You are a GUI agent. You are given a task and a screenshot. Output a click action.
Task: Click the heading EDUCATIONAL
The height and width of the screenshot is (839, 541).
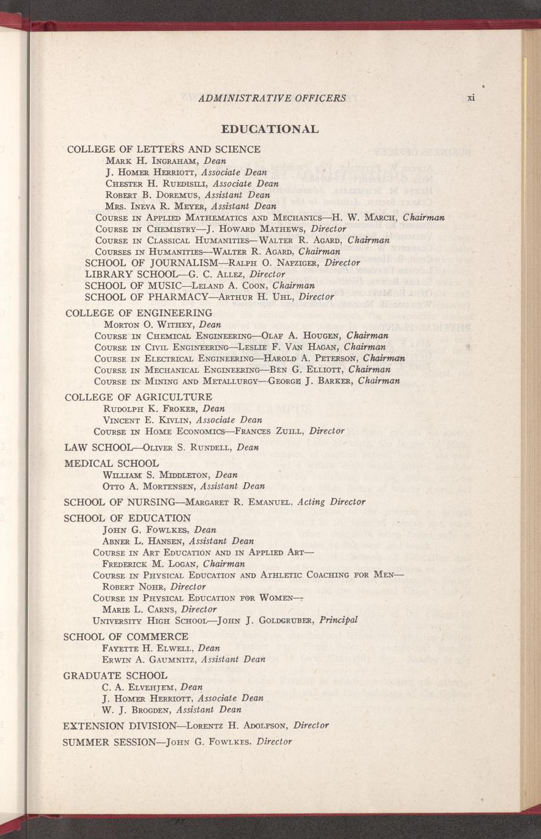(270, 129)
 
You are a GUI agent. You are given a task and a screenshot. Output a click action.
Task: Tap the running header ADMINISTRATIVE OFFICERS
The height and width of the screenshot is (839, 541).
(272, 98)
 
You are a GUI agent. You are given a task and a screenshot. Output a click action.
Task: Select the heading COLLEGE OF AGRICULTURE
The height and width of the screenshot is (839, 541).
(138, 397)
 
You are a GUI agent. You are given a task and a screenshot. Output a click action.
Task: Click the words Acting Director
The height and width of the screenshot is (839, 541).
(331, 502)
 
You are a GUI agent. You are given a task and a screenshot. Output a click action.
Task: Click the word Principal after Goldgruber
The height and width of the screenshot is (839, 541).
(338, 621)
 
